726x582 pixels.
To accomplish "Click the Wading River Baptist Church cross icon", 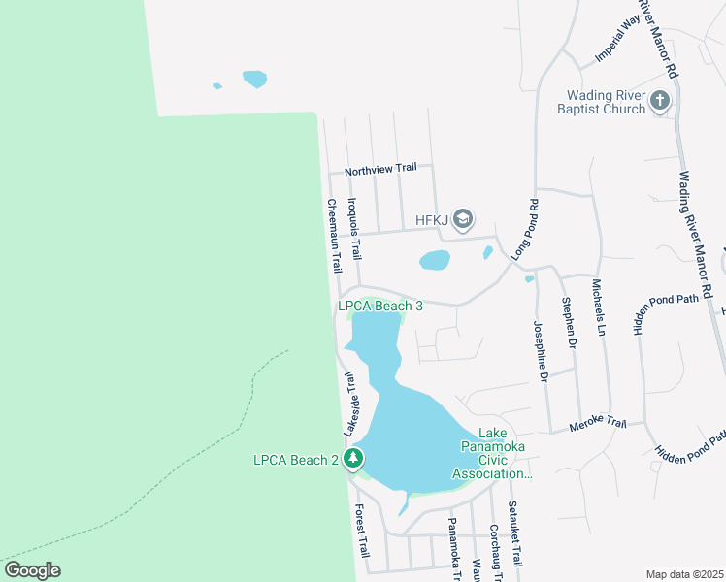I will coord(659,100).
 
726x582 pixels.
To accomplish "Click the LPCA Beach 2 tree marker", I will coord(354,459).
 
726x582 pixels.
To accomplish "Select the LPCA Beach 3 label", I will coord(379,306).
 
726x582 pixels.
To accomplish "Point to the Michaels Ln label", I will coord(598,307).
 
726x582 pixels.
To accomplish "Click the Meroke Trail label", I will coord(598,423).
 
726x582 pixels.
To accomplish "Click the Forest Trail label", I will coord(361,530).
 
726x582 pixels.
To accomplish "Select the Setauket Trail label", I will coord(514,534).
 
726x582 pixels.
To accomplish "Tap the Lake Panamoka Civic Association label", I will coord(492,460).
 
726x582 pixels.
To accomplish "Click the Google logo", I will coord(32,570).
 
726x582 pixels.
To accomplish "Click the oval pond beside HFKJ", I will coord(434,260).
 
